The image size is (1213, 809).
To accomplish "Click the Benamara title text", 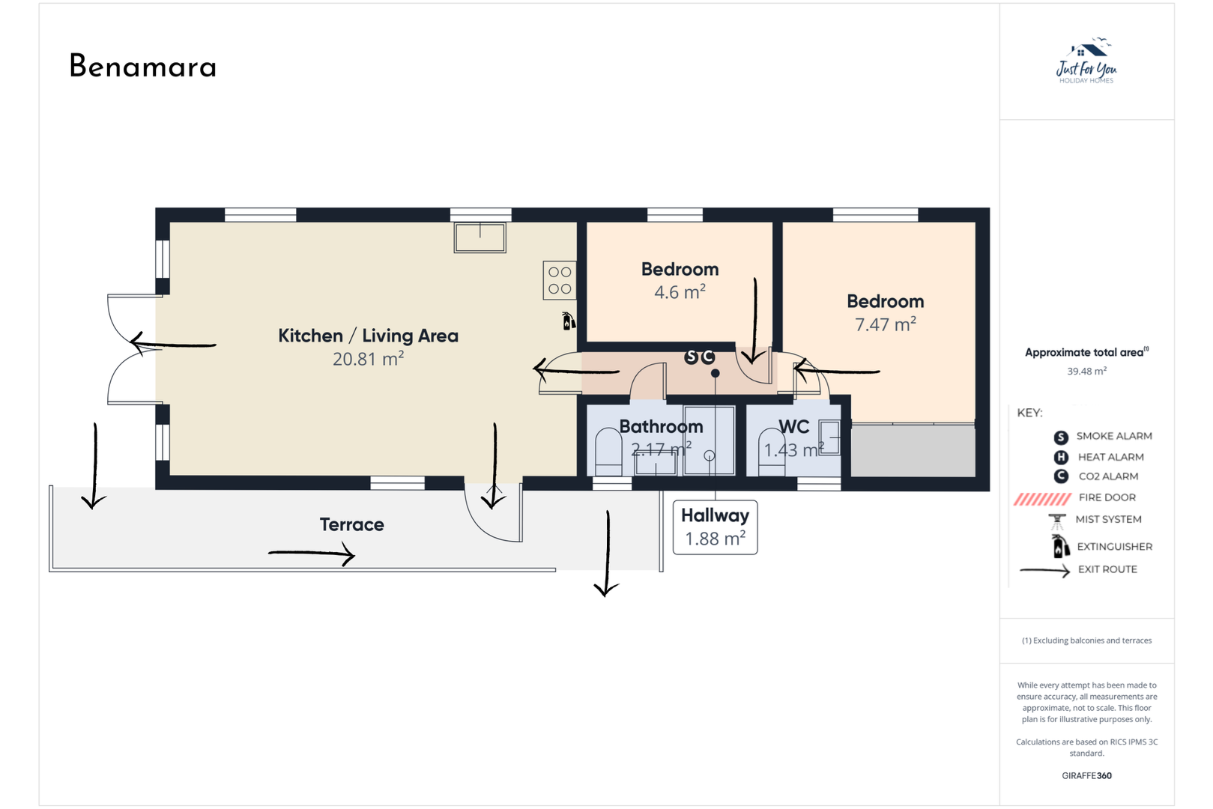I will [143, 66].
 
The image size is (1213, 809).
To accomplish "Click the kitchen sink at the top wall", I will [480, 237].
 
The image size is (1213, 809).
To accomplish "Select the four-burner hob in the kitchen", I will [560, 280].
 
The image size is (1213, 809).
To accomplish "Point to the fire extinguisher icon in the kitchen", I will [569, 321].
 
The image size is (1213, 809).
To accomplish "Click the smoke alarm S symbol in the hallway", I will [692, 357].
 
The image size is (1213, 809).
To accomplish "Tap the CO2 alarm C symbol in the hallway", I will [707, 357].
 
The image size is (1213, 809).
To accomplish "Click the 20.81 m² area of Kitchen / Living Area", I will [368, 360].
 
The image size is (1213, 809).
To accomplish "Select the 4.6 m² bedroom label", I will [680, 292].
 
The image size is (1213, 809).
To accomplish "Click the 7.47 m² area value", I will [885, 324].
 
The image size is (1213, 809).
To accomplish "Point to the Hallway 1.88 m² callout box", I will [715, 527].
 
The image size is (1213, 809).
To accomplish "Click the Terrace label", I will [351, 524].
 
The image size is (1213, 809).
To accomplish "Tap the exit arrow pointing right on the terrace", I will [312, 554].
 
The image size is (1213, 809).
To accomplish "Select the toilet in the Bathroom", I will [608, 452].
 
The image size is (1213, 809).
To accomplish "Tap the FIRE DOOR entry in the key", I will [1107, 497].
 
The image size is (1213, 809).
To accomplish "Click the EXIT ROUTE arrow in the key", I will [1044, 571].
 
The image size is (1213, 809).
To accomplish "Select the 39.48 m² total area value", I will [1086, 372].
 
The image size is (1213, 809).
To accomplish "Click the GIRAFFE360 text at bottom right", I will [1086, 776].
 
